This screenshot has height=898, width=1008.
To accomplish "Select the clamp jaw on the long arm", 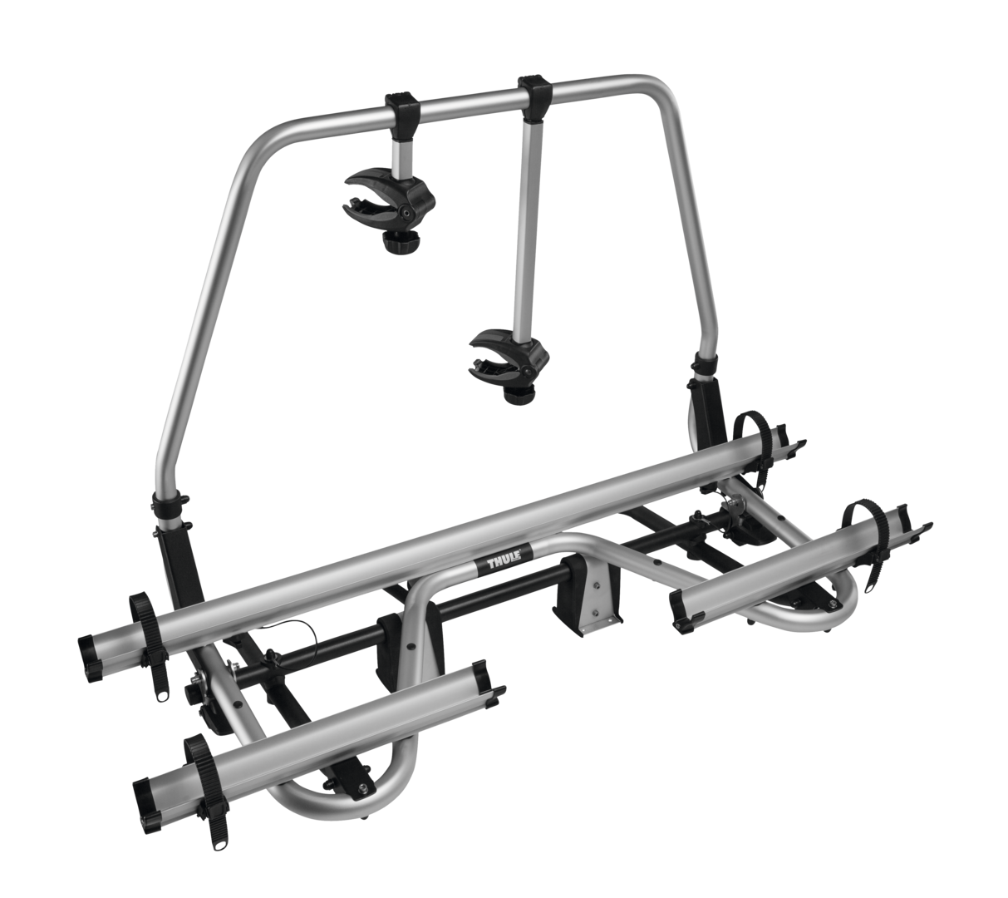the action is (508, 358).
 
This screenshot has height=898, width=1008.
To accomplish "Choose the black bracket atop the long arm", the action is (535, 100).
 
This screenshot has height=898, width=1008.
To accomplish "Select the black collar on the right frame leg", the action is (705, 367).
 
